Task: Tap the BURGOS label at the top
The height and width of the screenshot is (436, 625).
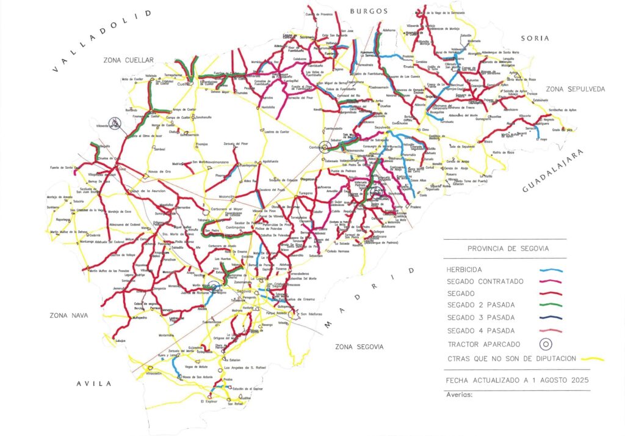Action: tap(369, 11)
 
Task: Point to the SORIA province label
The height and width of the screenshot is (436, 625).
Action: tap(535, 38)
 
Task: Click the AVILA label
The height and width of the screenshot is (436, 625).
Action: tap(94, 383)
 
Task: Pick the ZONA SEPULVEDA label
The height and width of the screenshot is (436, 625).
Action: tap(576, 89)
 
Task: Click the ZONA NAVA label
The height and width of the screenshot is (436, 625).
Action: tap(69, 316)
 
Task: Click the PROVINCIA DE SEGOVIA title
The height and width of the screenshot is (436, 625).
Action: tap(508, 248)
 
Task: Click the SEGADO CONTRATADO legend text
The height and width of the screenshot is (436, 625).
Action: tap(485, 281)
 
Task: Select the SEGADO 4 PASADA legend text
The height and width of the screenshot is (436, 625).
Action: tap(480, 331)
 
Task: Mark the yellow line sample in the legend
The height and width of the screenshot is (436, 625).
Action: tap(590, 359)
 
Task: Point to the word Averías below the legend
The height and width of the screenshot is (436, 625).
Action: tap(460, 394)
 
